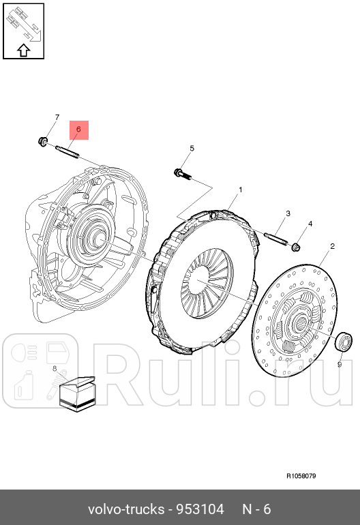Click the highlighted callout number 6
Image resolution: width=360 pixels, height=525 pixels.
78,128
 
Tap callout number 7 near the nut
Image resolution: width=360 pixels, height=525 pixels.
57,117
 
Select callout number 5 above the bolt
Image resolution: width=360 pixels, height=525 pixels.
192,148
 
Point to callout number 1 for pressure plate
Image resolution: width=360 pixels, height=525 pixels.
240,189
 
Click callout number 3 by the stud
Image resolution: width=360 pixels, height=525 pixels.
288,213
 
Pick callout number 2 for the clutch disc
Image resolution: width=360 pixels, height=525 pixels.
332,246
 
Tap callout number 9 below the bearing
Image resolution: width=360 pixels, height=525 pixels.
339,364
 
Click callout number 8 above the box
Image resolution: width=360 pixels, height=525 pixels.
54,368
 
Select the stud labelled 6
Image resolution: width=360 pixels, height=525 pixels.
68,150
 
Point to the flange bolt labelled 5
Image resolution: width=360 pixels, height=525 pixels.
179,173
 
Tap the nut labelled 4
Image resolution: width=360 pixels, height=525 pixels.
297,245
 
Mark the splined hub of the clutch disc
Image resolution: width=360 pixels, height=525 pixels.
299,322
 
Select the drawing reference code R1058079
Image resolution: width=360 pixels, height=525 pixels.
301,477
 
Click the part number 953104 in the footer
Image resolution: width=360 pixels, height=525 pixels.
200,509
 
